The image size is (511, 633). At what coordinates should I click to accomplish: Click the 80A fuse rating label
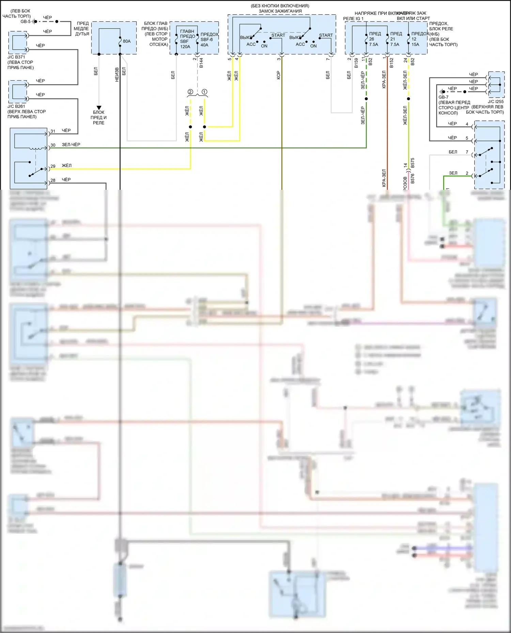(x=127, y=41)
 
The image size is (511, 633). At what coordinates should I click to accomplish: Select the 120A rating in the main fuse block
(x=185, y=47)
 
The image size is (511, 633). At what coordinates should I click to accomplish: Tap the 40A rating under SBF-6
(x=204, y=45)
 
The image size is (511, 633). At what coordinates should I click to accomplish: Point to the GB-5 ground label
(x=26, y=21)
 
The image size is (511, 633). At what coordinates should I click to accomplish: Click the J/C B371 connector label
(x=16, y=57)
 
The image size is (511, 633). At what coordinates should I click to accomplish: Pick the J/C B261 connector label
(x=16, y=106)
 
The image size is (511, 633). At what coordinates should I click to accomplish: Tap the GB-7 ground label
(x=444, y=97)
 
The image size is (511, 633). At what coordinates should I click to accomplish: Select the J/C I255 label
(x=496, y=102)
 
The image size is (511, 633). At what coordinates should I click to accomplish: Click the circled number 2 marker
(x=190, y=92)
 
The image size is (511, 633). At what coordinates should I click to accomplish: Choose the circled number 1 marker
(x=204, y=92)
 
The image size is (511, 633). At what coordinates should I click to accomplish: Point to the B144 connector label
(x=201, y=63)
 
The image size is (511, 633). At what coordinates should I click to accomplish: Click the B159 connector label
(x=356, y=63)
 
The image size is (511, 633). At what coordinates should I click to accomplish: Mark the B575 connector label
(x=413, y=163)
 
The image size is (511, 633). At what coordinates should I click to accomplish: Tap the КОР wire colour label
(x=278, y=75)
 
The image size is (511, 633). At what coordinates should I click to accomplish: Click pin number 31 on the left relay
(x=53, y=131)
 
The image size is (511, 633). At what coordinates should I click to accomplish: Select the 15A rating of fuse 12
(x=415, y=45)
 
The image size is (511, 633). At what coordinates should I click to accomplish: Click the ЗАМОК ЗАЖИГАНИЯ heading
(x=280, y=11)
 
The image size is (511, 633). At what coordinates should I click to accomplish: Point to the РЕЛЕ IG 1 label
(x=353, y=19)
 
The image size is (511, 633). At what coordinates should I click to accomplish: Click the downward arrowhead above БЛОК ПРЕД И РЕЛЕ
(x=99, y=108)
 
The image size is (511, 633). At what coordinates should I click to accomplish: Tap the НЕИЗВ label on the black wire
(x=117, y=74)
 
